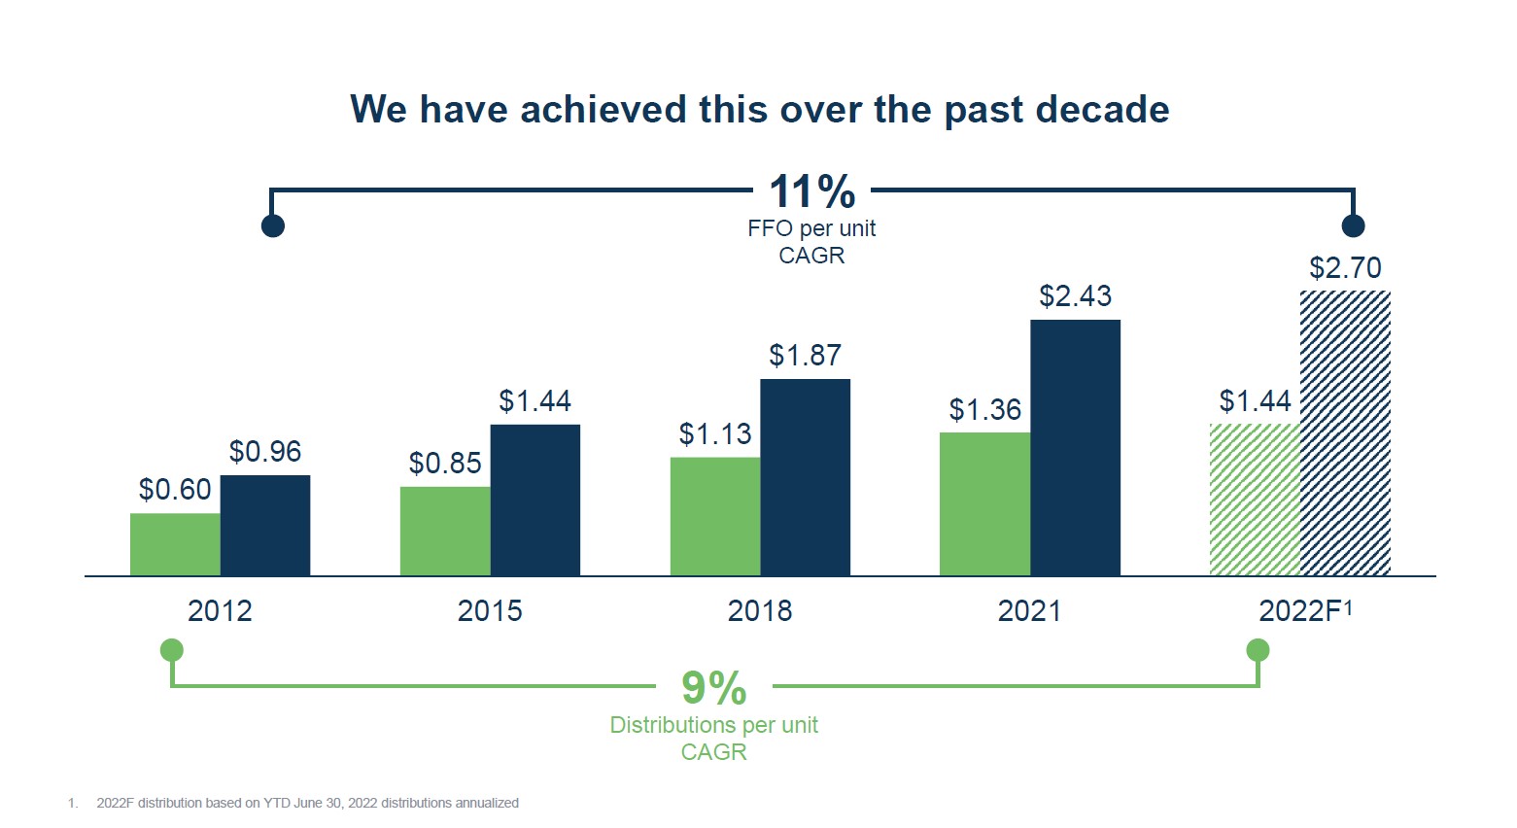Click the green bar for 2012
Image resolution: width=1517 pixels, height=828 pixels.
(x=175, y=544)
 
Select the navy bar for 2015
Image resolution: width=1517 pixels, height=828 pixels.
(x=534, y=500)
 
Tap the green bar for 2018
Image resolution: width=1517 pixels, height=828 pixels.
(x=715, y=516)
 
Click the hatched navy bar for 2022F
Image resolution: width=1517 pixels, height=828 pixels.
(x=1345, y=432)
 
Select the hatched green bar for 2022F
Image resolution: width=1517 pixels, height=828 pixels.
(x=1255, y=500)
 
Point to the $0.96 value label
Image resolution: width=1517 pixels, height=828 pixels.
(x=265, y=452)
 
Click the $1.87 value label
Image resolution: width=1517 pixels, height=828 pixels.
(x=805, y=356)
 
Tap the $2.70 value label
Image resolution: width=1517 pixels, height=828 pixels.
(x=1345, y=268)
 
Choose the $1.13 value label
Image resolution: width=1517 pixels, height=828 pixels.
(x=715, y=434)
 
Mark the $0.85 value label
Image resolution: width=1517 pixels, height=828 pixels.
(x=445, y=464)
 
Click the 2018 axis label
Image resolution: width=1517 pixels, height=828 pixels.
(x=760, y=611)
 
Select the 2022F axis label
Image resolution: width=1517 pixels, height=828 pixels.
(x=1304, y=611)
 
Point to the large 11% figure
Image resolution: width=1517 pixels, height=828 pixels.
(x=811, y=192)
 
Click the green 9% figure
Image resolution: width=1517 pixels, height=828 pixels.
(x=714, y=689)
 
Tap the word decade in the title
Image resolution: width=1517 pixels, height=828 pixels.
(x=1102, y=110)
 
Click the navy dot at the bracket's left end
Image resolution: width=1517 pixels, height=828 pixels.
(x=273, y=226)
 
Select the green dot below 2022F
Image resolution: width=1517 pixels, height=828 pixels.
(x=1258, y=650)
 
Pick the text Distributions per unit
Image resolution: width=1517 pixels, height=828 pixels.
(x=713, y=726)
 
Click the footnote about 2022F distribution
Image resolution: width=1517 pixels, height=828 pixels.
(x=307, y=804)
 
